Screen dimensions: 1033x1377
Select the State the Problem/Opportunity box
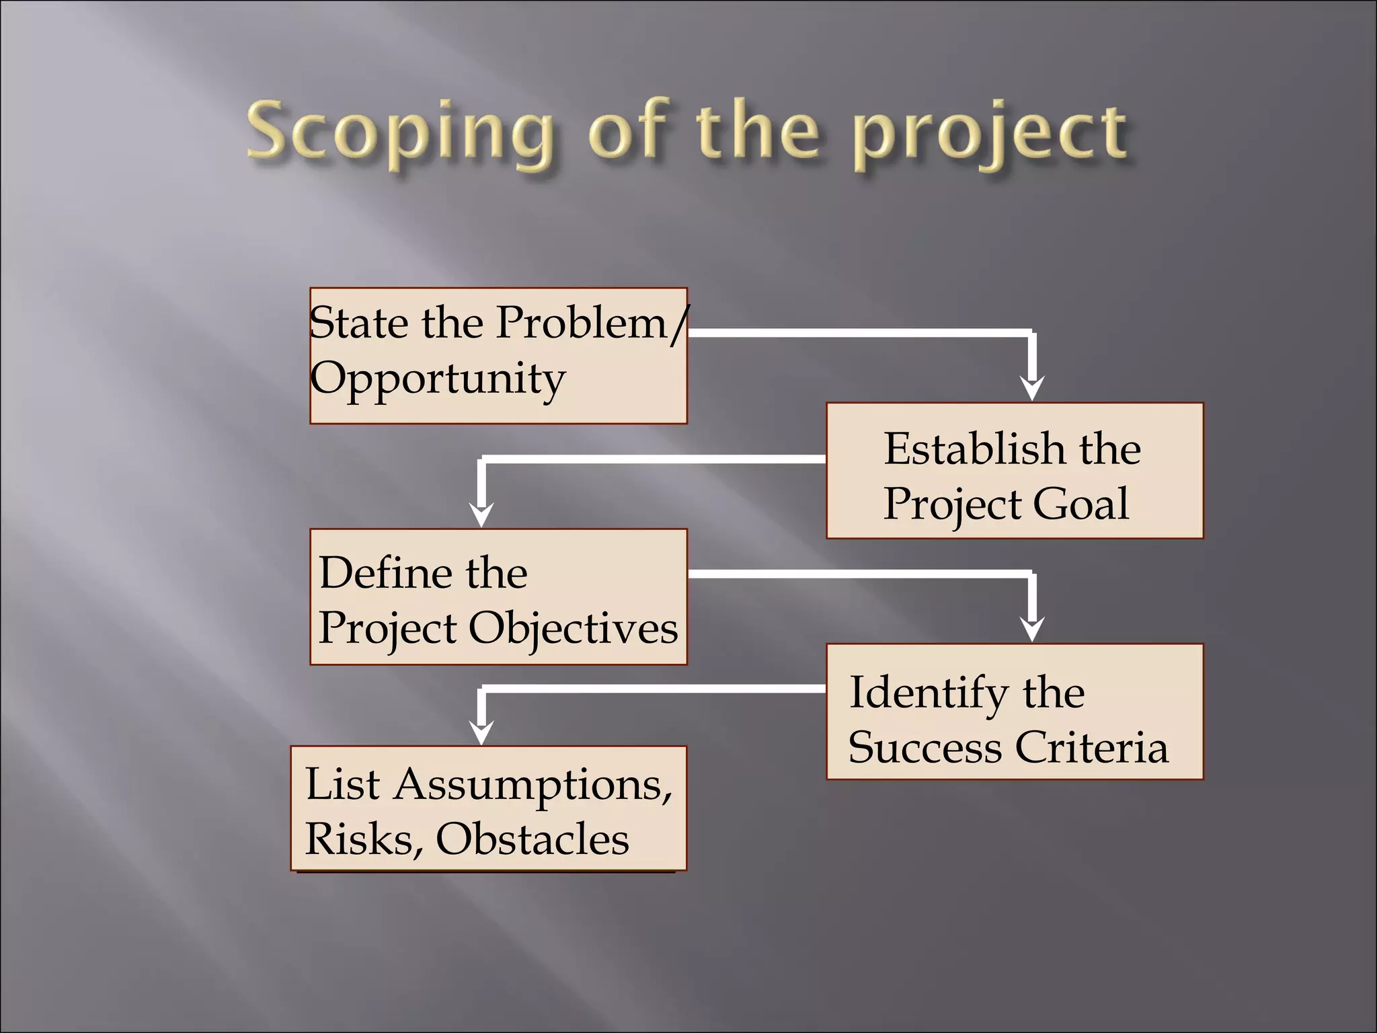tap(498, 356)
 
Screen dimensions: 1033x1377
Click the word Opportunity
tap(437, 379)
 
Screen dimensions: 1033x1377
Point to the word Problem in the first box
tap(582, 323)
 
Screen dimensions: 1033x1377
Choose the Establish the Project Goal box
tap(1014, 471)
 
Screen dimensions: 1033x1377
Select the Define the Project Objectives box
tap(498, 597)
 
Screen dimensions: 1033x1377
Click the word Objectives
tap(573, 628)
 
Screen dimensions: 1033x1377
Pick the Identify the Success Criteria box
tap(1014, 712)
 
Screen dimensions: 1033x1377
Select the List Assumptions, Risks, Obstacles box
tap(488, 808)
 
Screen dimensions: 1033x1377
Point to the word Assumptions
tap(533, 786)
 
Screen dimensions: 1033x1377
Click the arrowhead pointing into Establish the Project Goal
tap(1032, 389)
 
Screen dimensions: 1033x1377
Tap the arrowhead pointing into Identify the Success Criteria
tap(1032, 630)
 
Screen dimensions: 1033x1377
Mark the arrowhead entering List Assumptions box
tap(481, 732)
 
